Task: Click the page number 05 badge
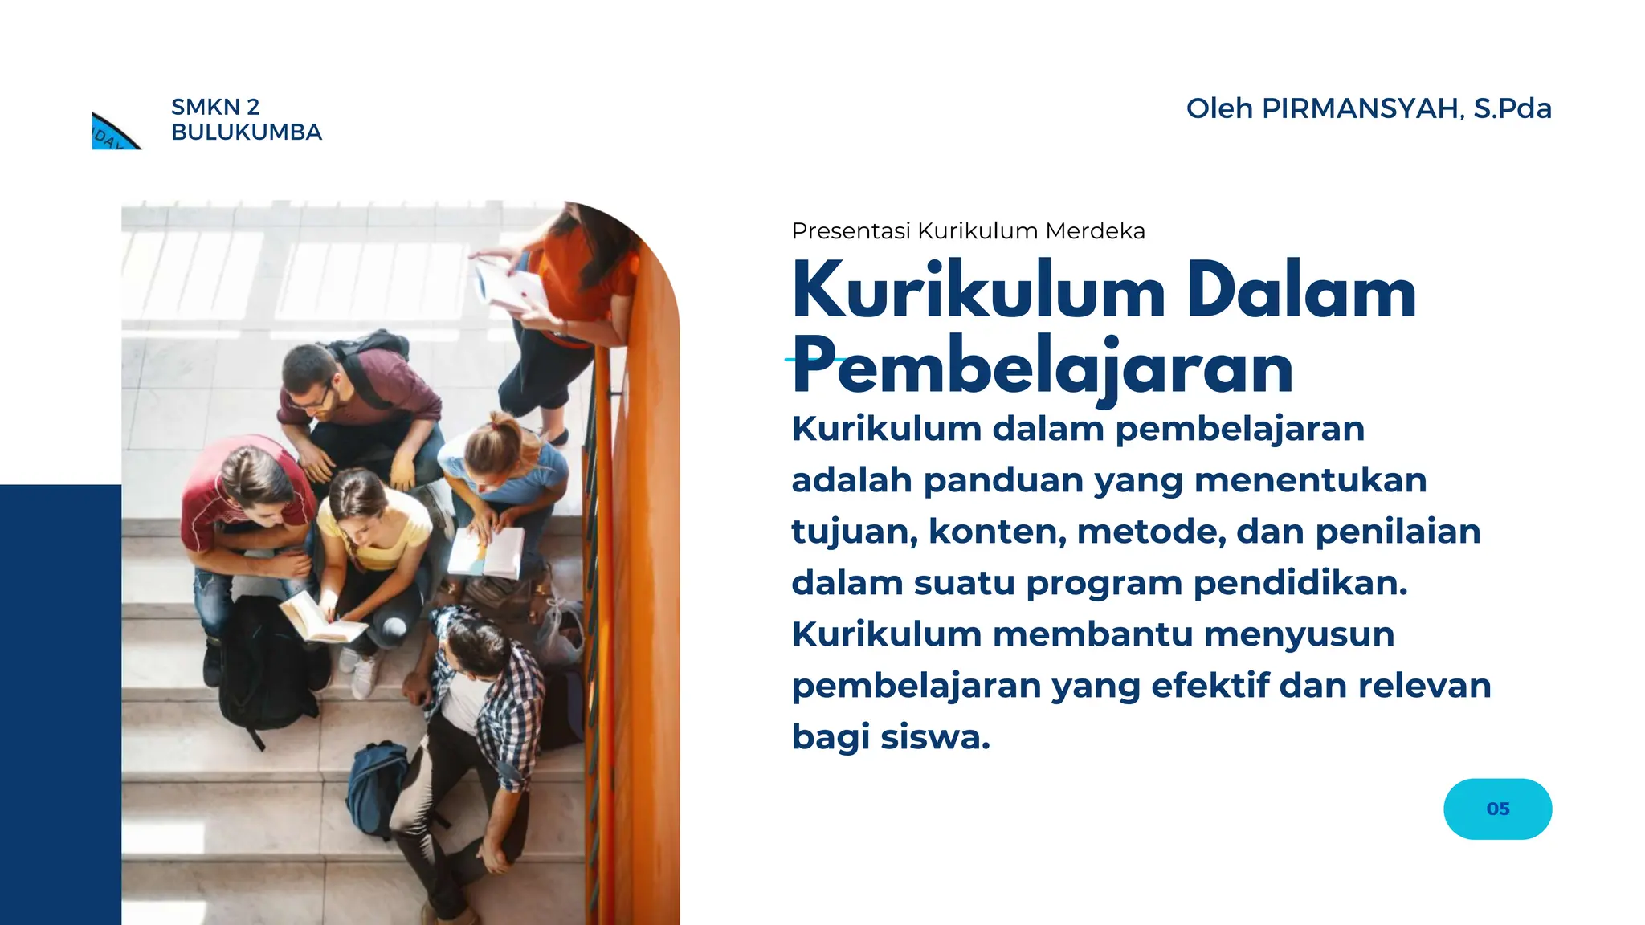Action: (1497, 809)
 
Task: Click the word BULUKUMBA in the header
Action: (247, 132)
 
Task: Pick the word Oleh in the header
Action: (1218, 108)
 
